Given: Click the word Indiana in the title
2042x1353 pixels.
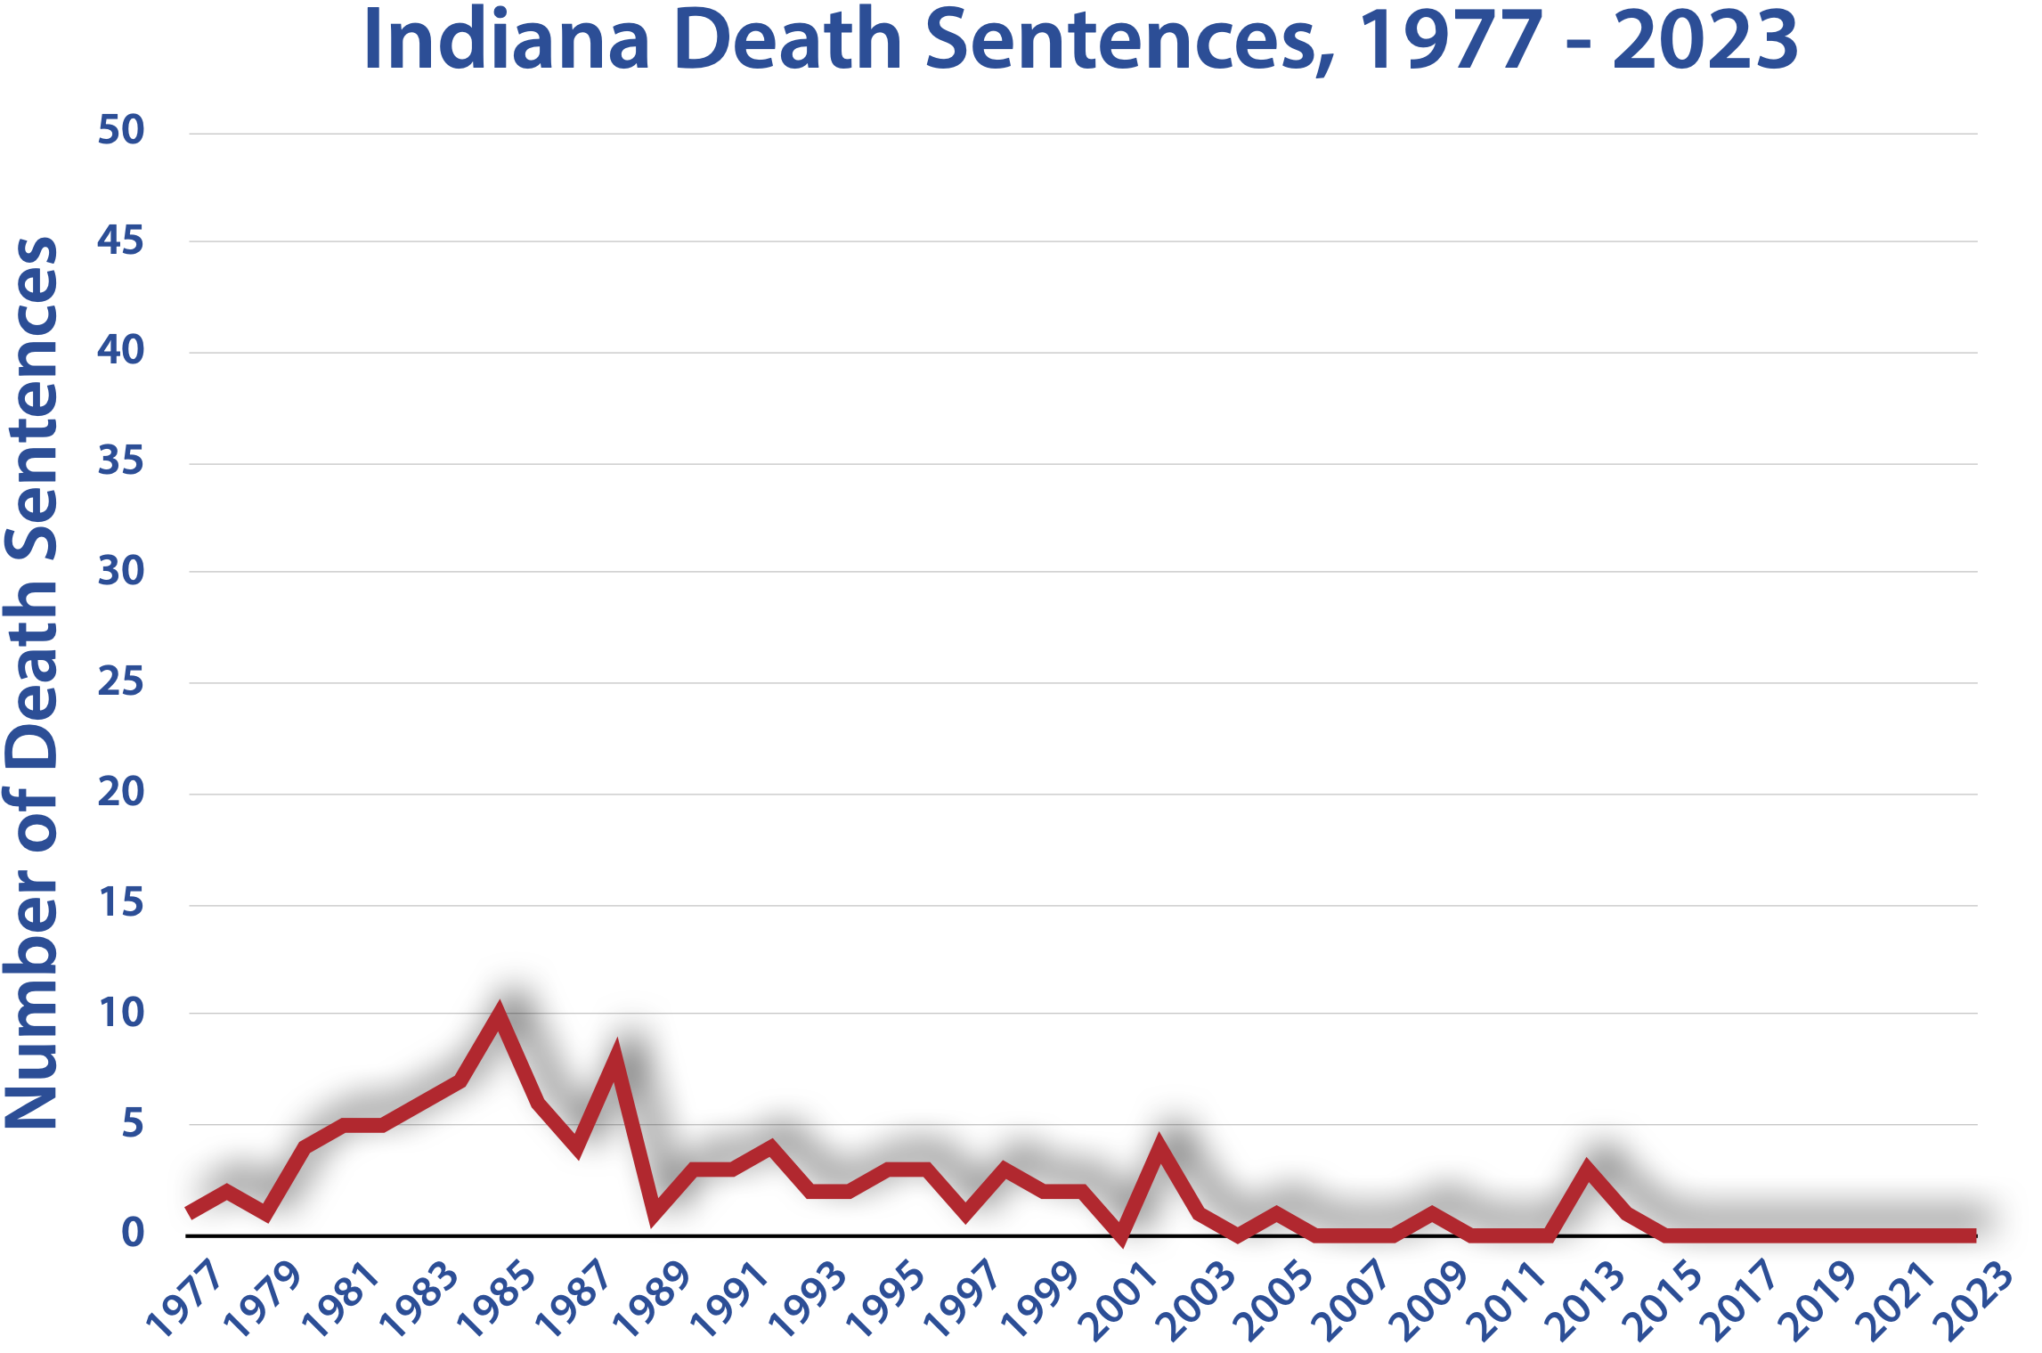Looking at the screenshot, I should [x=507, y=41].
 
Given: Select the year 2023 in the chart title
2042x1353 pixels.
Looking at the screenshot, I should [x=1704, y=41].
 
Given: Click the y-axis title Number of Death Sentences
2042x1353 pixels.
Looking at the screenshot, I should [x=32, y=682].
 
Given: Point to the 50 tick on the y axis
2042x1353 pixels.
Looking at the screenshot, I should [x=120, y=131].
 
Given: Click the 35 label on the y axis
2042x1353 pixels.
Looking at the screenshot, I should [x=120, y=461].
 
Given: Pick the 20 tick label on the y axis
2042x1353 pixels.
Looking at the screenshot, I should [x=120, y=792].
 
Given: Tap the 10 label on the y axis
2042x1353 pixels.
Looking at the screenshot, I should [x=120, y=1013].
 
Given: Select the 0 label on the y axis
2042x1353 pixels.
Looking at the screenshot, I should [x=132, y=1233].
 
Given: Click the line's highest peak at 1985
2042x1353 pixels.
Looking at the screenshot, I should [x=500, y=1015].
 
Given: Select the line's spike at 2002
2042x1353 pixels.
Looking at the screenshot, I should [x=1159, y=1147].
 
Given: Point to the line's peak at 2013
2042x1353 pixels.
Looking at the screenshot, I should [x=1587, y=1169].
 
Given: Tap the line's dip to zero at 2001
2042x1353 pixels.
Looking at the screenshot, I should [x=1120, y=1235].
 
